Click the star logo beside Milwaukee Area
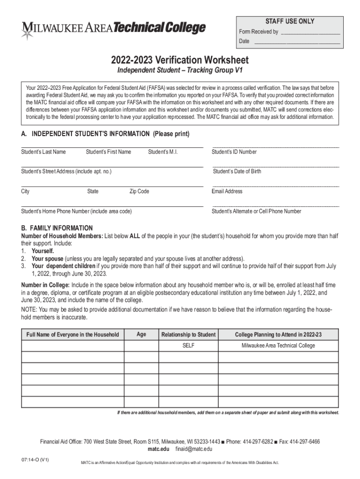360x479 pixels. [27, 31]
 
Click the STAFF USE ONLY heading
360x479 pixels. [290, 22]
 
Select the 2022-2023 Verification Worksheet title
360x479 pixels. [180, 60]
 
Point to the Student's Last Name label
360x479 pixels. [43, 152]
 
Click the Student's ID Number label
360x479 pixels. [234, 152]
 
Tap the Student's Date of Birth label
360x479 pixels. [237, 171]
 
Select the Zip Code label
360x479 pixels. [139, 191]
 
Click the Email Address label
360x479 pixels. [227, 191]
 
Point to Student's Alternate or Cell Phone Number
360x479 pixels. [256, 211]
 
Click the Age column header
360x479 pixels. [141, 334]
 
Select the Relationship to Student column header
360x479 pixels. [188, 334]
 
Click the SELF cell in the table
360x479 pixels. [188, 346]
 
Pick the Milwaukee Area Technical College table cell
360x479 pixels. [278, 346]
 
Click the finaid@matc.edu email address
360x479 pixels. [194, 449]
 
